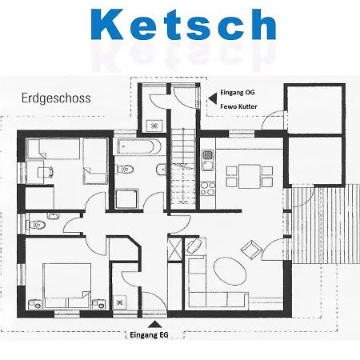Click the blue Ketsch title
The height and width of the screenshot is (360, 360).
(x=183, y=25)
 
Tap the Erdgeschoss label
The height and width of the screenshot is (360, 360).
(x=56, y=98)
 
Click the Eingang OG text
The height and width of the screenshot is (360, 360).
(x=238, y=92)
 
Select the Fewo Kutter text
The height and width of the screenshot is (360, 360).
(x=238, y=106)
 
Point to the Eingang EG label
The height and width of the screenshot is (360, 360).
(x=149, y=335)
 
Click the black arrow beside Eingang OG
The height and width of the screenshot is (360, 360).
(x=213, y=98)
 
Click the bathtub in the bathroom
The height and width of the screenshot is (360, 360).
(x=138, y=146)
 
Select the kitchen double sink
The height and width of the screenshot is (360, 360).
(x=207, y=160)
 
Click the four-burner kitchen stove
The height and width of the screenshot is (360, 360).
(x=208, y=188)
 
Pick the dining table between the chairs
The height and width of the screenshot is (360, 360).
(x=250, y=176)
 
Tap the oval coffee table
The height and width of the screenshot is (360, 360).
(x=230, y=271)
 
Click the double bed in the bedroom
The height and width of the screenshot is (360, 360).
(x=66, y=286)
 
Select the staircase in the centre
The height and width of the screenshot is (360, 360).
(x=183, y=169)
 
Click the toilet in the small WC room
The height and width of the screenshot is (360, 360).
(x=35, y=225)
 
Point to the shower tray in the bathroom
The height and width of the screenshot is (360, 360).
(x=127, y=199)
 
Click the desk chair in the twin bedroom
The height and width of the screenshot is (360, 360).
(x=45, y=172)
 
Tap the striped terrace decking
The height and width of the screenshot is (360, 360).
(x=326, y=224)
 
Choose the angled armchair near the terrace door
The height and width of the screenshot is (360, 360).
(x=251, y=250)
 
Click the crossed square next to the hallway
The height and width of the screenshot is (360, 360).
(x=175, y=249)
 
